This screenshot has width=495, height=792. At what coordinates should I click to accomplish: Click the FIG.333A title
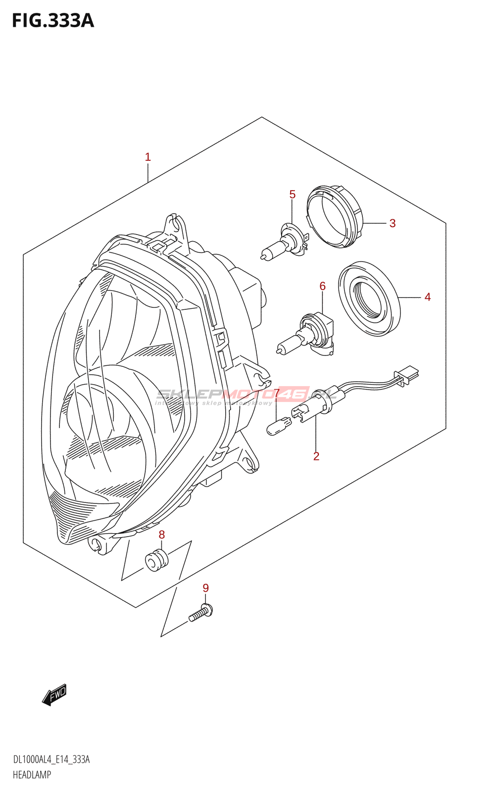pos(52,21)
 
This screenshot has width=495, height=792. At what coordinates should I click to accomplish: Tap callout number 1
pos(148,157)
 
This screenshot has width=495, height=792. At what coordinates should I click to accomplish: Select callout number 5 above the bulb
pos(293,195)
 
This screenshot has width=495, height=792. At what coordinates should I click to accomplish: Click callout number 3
pos(393,223)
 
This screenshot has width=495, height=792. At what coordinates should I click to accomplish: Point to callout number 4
pos(428,297)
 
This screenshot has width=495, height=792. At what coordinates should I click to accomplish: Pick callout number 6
pos(323,286)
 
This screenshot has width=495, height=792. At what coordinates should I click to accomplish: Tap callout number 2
pos(316,456)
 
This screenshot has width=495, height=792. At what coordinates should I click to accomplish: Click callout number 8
pos(162,535)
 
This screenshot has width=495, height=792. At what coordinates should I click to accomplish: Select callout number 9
pos(206,588)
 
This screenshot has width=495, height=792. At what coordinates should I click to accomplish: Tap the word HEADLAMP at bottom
pos(32,775)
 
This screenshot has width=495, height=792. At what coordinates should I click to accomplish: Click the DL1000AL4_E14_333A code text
pos(51,760)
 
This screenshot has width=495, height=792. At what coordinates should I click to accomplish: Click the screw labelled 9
pos(201,613)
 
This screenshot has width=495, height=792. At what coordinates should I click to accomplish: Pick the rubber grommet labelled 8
pos(157,560)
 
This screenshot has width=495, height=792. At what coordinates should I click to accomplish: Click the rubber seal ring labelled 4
pos(369,298)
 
